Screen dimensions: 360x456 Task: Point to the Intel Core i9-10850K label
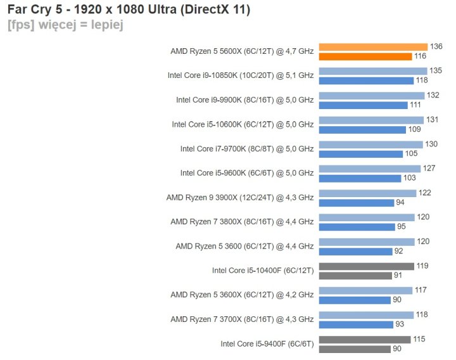240,75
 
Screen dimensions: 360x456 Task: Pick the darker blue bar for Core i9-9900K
363,105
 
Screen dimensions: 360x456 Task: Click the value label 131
432,120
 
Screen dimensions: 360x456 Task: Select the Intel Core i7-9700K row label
246,149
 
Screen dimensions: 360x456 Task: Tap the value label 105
412,154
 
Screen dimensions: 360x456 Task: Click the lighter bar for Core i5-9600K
369,169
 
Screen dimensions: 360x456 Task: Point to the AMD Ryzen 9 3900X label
239,197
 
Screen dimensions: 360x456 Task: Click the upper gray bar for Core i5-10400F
366,266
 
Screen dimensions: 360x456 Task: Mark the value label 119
422,266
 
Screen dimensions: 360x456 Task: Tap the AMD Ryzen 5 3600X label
241,295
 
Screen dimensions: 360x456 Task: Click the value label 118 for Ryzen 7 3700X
422,315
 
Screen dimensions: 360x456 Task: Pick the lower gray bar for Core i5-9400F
355,349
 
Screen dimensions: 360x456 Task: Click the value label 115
419,339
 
